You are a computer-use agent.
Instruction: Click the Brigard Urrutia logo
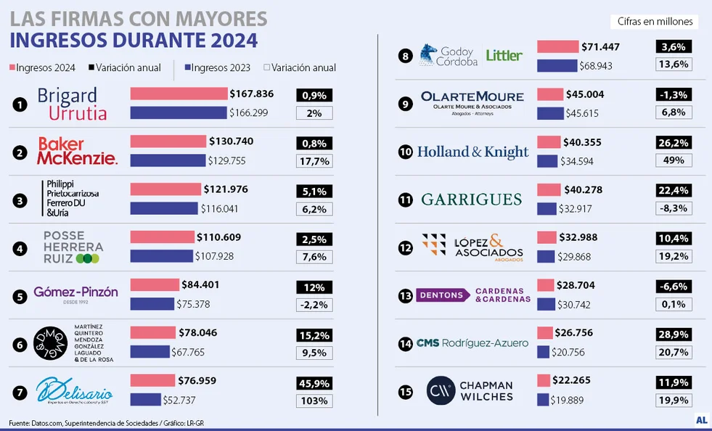pyautogui.click(x=72, y=104)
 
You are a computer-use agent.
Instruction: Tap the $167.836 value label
pyautogui.click(x=251, y=94)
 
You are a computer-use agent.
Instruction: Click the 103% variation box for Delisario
pyautogui.click(x=314, y=401)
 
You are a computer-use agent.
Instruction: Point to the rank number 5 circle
pyautogui.click(x=20, y=295)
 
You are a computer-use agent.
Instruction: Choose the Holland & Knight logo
pyautogui.click(x=473, y=152)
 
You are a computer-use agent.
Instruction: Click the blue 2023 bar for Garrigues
pyautogui.click(x=547, y=209)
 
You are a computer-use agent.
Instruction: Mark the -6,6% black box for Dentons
pyautogui.click(x=673, y=287)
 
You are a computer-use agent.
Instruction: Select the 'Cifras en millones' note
pyautogui.click(x=655, y=22)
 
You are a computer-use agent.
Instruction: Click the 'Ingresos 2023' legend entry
pyautogui.click(x=218, y=67)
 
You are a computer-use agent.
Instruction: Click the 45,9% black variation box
pyautogui.click(x=314, y=383)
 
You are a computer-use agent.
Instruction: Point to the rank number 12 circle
pyautogui.click(x=406, y=247)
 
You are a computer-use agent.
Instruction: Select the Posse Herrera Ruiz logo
pyautogui.click(x=73, y=247)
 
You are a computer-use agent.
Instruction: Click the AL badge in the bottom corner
pyautogui.click(x=701, y=420)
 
